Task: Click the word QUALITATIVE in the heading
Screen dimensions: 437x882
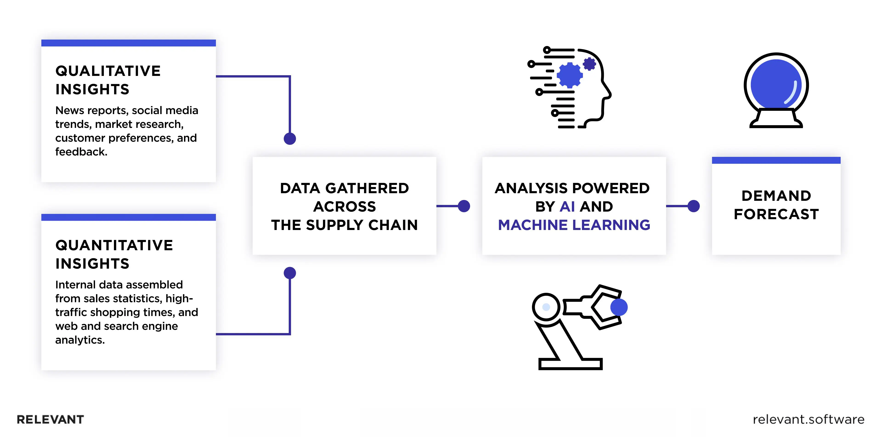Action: click(108, 71)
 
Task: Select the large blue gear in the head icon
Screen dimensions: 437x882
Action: click(569, 75)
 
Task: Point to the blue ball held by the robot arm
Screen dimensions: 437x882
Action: click(619, 307)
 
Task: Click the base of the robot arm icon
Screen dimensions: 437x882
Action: click(570, 364)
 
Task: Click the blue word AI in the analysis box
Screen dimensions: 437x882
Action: click(567, 207)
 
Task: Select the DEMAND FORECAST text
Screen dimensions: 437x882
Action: click(776, 205)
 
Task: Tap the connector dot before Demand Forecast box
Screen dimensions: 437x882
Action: click(693, 206)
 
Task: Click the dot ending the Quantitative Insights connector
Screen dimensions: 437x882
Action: click(290, 273)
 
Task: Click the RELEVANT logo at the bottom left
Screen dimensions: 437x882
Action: click(50, 420)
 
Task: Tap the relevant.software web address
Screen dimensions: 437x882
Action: click(808, 420)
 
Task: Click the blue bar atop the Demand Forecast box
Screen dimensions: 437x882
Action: click(776, 160)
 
